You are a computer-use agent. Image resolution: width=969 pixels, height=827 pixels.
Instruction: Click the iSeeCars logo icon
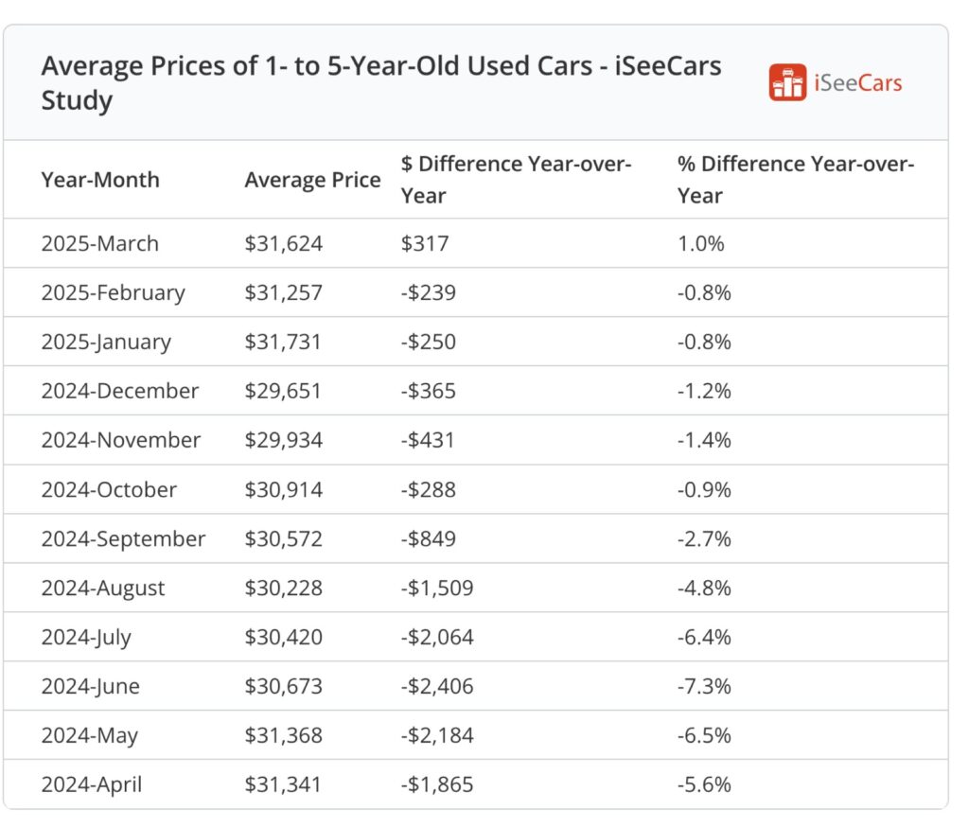[787, 83]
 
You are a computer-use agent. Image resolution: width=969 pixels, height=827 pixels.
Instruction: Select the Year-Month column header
[100, 180]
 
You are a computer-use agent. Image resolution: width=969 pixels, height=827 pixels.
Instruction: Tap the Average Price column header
[312, 180]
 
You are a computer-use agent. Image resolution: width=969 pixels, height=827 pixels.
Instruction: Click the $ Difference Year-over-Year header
[516, 180]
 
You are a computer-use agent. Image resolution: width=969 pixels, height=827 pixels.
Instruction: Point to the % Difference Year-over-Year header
[796, 180]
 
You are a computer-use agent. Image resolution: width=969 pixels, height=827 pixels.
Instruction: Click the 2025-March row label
[99, 243]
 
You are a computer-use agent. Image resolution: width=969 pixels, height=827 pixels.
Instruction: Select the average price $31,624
[283, 243]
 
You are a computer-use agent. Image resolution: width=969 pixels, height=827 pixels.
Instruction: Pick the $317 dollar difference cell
[425, 243]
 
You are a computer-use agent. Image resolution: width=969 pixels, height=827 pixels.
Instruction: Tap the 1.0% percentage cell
[700, 243]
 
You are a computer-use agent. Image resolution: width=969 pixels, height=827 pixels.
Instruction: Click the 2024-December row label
[120, 391]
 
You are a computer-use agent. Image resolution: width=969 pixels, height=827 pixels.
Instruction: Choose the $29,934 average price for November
[283, 440]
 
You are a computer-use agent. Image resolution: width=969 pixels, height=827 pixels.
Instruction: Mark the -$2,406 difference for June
[436, 686]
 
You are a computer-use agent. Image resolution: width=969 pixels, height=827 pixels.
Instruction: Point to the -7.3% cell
[704, 686]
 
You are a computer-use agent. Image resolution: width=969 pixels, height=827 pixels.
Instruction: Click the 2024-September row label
[123, 538]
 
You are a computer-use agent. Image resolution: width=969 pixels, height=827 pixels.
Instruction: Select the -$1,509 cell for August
[436, 588]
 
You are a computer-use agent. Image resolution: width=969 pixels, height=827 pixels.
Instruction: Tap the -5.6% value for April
[704, 784]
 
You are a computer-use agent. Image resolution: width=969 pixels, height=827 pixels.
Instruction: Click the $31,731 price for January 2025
[283, 342]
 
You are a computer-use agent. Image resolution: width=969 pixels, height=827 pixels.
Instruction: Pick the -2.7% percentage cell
[704, 538]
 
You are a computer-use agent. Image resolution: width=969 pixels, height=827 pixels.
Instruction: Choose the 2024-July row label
[86, 637]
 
